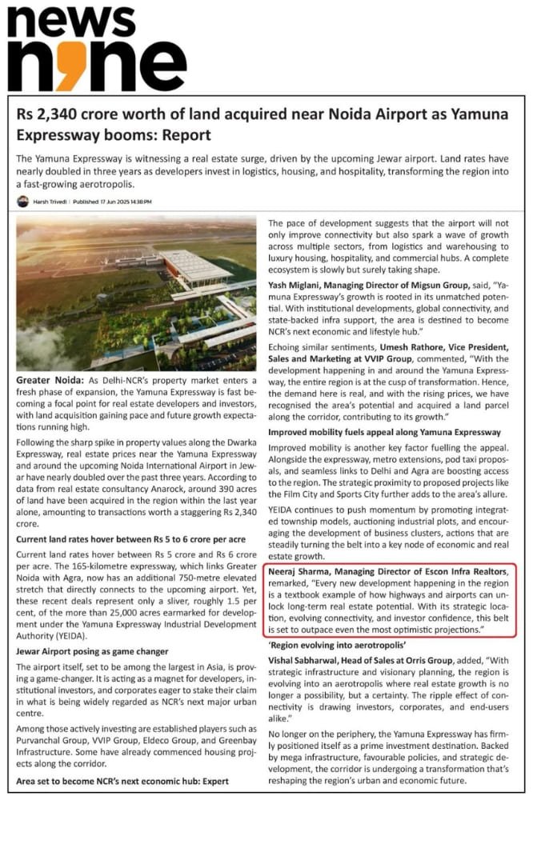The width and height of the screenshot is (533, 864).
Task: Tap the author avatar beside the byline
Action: (22, 202)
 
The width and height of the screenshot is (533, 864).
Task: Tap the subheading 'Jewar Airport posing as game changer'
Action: (92, 652)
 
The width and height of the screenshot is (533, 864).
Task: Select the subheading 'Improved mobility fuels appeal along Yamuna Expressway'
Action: (384, 432)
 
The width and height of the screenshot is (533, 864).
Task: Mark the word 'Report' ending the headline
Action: (185, 134)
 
